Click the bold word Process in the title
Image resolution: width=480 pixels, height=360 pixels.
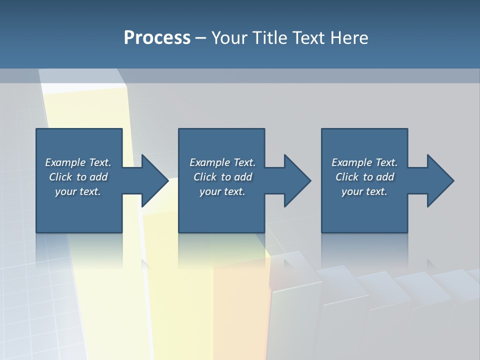coord(157,38)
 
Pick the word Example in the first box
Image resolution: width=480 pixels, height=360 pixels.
coord(65,162)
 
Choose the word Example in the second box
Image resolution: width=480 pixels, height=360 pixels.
coord(209,162)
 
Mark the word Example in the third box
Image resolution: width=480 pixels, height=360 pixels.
coord(351,162)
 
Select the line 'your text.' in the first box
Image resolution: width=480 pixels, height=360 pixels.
coord(78,191)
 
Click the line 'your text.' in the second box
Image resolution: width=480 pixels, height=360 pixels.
coord(222,191)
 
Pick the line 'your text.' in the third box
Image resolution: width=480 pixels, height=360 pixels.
coord(364,191)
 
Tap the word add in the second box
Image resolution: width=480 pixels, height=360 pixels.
coord(243,177)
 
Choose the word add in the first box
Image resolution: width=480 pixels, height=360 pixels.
coord(98,177)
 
